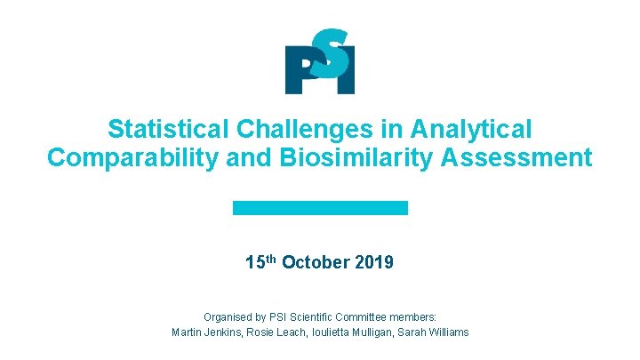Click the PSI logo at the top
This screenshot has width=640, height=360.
point(320,61)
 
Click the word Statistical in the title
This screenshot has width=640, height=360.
point(168,130)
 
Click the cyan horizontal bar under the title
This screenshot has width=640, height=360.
point(320,207)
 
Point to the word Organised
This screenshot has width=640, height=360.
point(227,316)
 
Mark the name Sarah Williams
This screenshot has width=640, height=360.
point(436,332)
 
